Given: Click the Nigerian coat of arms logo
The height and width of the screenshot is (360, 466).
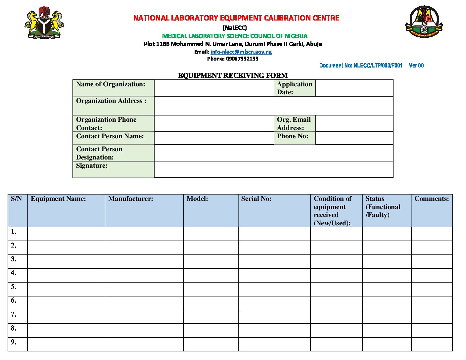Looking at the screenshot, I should pos(44,22).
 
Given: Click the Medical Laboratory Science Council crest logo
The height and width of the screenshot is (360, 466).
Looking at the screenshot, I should pos(424,22).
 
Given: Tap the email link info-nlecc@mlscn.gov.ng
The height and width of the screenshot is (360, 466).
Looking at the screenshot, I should pos(241,52).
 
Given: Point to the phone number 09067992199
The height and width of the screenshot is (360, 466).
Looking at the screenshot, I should pos(242,59).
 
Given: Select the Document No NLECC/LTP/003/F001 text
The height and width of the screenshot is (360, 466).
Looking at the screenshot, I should pos(361,66).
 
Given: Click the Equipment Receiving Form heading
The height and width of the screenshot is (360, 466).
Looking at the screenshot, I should pos(233,75).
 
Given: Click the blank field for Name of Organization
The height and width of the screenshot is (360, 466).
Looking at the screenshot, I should pos(214,88).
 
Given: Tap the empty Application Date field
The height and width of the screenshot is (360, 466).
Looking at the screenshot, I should pos(354,88).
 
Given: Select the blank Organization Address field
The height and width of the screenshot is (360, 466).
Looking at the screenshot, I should pos(273,106).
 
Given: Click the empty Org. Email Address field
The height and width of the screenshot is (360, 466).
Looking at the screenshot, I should pos(354,123).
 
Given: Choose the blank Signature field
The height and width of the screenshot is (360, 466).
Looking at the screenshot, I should pos(273,169).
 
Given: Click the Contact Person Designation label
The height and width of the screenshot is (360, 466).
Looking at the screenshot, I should pos(99,153).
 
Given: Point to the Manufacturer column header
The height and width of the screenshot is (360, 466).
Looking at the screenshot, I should pos(131,199).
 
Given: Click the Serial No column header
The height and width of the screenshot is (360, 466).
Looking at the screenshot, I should pos(256,199).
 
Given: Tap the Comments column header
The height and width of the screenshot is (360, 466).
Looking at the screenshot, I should pos(432,199).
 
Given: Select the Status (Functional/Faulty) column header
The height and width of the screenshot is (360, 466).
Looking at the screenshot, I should pos(383,207).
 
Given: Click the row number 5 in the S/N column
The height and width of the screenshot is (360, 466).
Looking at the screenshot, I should pos(14,287).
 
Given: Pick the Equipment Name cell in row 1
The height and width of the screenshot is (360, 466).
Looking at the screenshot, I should pos(66,234).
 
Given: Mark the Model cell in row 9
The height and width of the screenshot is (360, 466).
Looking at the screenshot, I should pos(211,344).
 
